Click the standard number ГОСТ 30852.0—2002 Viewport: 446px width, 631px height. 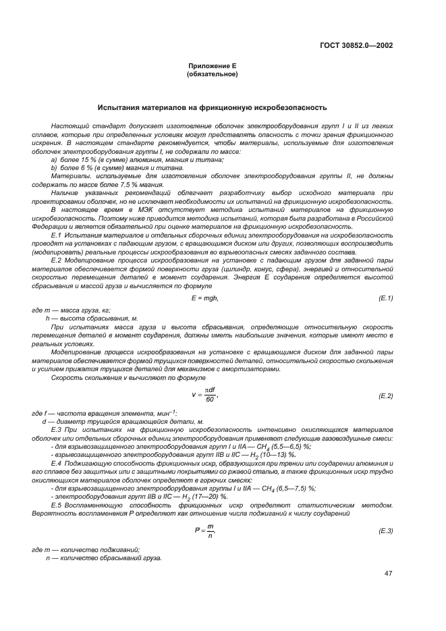(356, 45)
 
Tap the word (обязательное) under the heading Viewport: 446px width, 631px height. (212, 75)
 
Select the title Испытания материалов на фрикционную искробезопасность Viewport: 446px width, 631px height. (212, 107)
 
